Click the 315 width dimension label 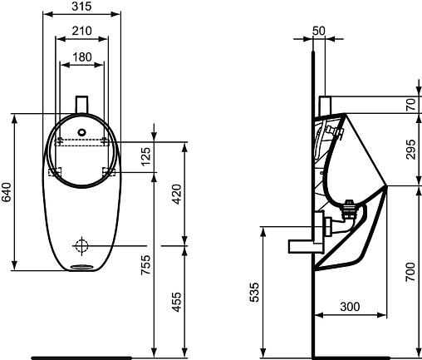pos(81,6)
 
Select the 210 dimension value pos(81,31)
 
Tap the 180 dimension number pos(82,57)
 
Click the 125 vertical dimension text pos(146,156)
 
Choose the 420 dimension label pos(177,194)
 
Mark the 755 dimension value pos(146,264)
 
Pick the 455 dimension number pos(177,302)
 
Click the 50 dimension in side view pos(319,31)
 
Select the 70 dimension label pos(411,105)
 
